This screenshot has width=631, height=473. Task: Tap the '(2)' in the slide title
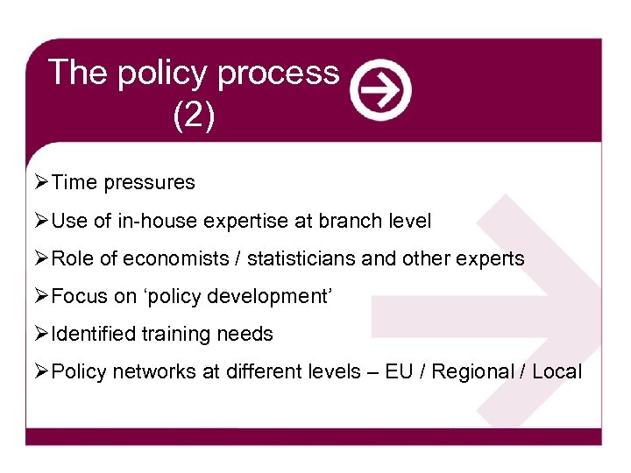194,115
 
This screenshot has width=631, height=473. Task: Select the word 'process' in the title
278,73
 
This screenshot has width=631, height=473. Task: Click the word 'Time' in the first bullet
74,182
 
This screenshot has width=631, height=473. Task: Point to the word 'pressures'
149,183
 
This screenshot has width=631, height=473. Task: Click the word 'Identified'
94,334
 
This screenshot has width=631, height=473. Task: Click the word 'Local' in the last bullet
557,371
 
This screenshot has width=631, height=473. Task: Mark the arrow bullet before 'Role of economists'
41,258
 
